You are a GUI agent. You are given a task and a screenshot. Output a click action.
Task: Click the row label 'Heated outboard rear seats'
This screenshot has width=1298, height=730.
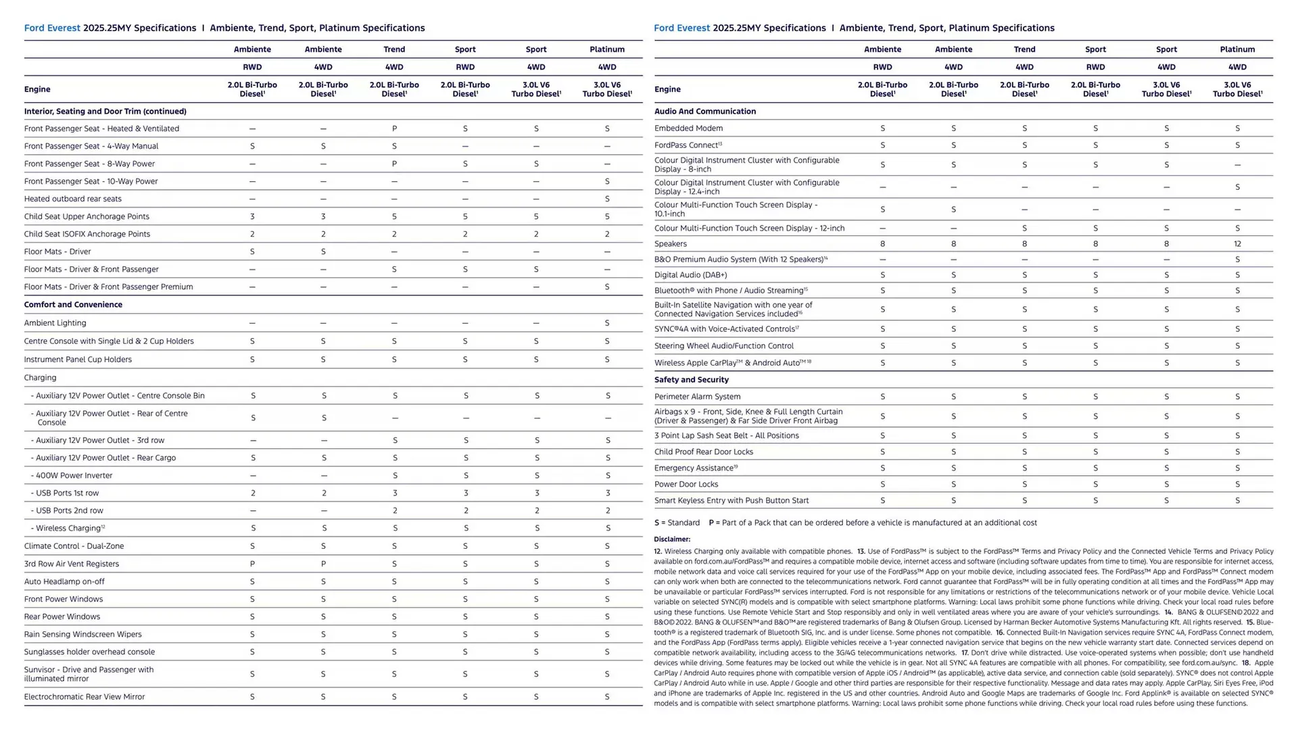(73, 199)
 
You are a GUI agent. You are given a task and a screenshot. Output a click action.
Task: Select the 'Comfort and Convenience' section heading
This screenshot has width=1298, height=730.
(73, 305)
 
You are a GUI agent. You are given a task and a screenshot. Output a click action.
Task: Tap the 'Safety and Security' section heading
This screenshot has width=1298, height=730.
(691, 380)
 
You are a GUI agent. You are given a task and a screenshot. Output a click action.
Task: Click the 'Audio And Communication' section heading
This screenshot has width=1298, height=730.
(704, 112)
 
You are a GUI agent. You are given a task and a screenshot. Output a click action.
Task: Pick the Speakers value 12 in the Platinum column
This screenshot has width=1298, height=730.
(1236, 244)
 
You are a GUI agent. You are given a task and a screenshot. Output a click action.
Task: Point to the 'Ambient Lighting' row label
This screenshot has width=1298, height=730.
(55, 323)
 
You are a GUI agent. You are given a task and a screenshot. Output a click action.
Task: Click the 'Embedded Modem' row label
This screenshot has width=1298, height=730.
(688, 128)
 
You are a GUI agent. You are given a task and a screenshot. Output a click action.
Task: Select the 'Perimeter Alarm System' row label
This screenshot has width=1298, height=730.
(697, 397)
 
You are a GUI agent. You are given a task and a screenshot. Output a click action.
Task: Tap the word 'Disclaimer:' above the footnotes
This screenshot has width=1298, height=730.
(671, 539)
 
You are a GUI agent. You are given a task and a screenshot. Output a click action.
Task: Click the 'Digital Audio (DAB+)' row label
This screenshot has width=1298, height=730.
(690, 275)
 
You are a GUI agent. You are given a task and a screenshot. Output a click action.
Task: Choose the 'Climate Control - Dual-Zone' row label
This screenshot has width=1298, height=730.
(74, 546)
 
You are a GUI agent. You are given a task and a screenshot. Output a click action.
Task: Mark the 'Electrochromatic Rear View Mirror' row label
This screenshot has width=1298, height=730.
(85, 697)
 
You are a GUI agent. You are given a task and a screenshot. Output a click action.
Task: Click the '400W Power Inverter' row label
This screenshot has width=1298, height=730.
(74, 476)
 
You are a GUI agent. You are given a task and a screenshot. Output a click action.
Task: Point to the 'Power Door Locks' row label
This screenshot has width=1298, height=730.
(686, 485)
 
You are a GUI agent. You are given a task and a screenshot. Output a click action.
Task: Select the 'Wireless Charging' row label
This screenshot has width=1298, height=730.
(70, 529)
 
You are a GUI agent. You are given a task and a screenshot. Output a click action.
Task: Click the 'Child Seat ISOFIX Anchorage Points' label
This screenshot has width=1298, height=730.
(87, 235)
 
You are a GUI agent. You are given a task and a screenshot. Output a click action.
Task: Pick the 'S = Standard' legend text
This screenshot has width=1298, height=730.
(677, 523)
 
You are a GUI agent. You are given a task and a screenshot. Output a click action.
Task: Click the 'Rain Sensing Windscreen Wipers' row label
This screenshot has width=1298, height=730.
(83, 635)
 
